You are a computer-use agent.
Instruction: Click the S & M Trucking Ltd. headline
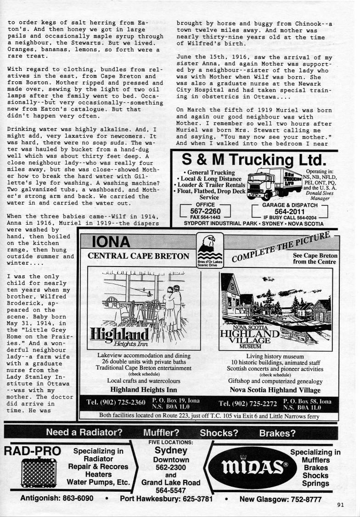pyautogui.click(x=253, y=161)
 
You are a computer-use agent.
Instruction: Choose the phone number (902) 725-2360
pyautogui.click(x=115, y=403)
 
